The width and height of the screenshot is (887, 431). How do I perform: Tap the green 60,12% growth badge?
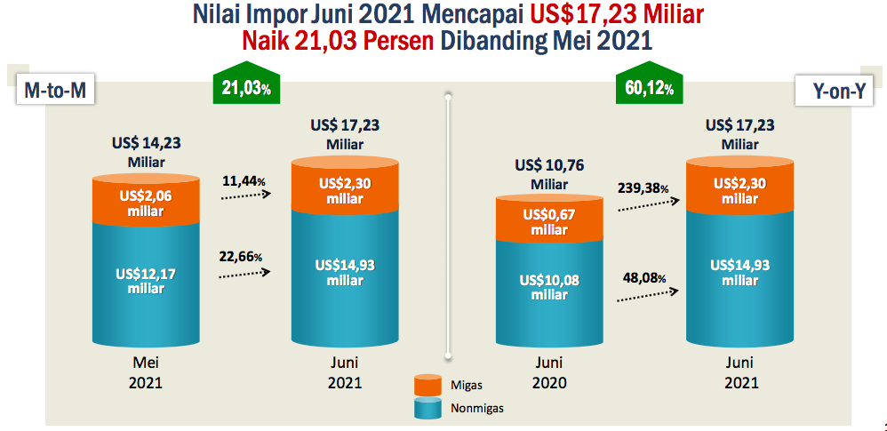[x=645, y=87]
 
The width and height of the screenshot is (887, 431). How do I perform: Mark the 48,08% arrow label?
[x=643, y=277]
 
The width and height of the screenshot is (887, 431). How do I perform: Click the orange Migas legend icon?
[x=428, y=385]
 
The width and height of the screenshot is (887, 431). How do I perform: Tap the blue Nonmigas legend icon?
[x=428, y=408]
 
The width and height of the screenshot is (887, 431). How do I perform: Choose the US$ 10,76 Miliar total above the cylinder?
[x=549, y=174]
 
